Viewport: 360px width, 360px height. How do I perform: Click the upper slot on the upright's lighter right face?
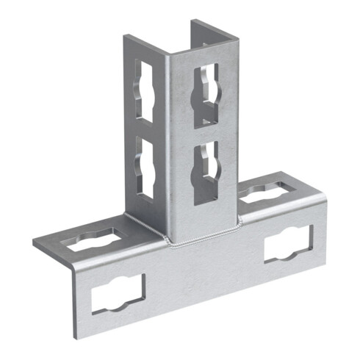pos(207,96)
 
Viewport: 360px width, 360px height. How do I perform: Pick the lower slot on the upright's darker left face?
pos(145,169)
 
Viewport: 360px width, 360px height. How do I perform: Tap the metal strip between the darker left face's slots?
pos(145,131)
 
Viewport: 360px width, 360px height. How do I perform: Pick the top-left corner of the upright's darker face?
pos(123,35)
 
